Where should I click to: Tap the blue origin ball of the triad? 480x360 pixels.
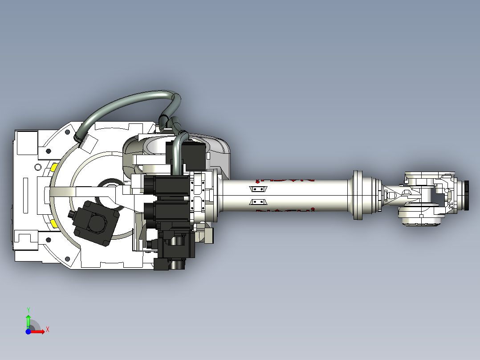(28, 331)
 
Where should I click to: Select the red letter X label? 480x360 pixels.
(47, 329)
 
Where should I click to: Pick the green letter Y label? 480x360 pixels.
(28, 309)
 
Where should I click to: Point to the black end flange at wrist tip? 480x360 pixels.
(467, 195)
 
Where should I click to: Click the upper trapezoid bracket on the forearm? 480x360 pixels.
(258, 189)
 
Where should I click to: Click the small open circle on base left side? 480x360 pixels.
(37, 168)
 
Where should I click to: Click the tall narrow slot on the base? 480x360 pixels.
(25, 195)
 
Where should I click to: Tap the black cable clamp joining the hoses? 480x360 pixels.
(163, 120)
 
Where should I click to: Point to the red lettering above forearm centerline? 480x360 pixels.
(285, 180)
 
